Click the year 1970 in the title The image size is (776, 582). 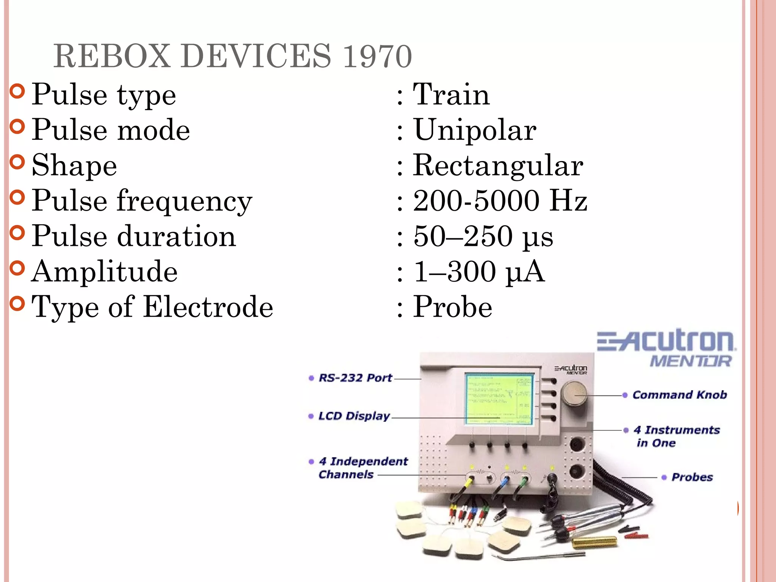(x=377, y=56)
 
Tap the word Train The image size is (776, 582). (x=451, y=95)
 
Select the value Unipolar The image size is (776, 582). (x=475, y=130)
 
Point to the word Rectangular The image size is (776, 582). (x=498, y=166)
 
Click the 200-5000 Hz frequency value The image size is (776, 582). (x=500, y=200)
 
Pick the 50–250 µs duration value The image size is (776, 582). (x=483, y=236)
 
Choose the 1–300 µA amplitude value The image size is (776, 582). (x=479, y=271)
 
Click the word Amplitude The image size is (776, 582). (x=105, y=271)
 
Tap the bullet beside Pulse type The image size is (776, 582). (x=17, y=91)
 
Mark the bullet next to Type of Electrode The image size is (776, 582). (x=17, y=303)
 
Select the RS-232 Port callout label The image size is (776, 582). (x=355, y=378)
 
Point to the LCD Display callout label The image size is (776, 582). (x=354, y=416)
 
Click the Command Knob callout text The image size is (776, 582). (x=680, y=395)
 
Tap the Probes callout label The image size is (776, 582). (x=692, y=477)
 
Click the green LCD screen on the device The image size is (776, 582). (x=499, y=399)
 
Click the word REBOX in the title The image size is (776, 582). (x=112, y=56)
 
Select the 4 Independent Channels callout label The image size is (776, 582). (x=363, y=468)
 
